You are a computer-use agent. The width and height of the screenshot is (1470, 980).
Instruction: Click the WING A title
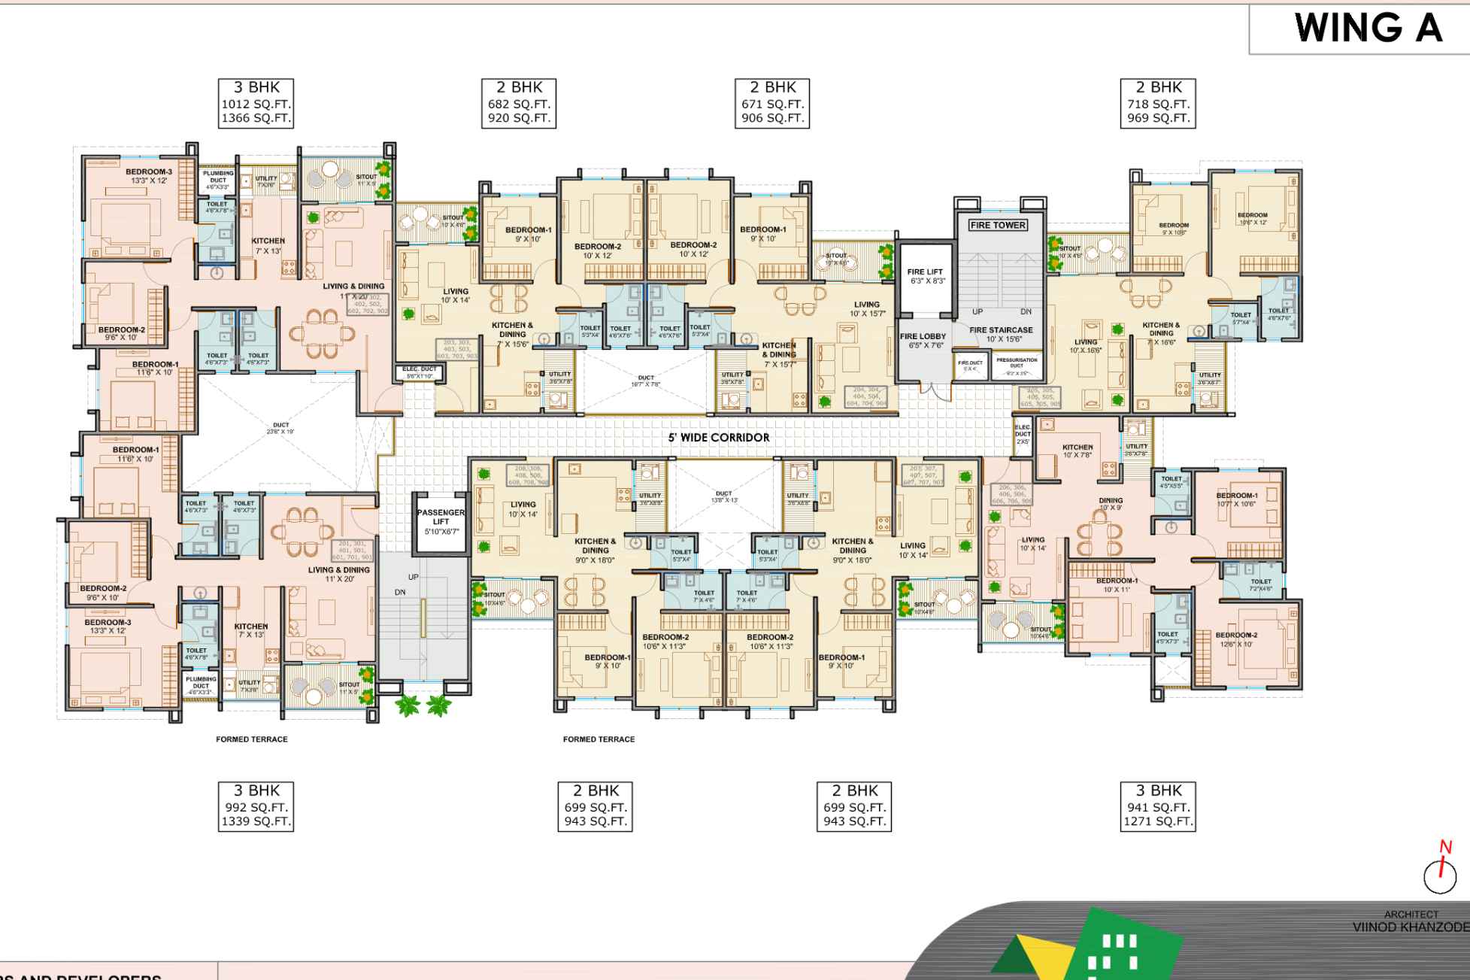1368,29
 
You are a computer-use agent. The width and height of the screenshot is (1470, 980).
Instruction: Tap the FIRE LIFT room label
925,276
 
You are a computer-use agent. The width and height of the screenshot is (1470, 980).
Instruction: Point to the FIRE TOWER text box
997,225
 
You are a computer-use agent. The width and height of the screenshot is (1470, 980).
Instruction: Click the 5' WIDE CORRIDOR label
719,438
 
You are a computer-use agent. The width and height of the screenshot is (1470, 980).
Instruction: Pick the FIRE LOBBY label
923,341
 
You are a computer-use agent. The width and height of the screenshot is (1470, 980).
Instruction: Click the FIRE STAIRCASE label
1001,334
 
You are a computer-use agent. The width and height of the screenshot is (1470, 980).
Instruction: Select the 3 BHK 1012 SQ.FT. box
256,103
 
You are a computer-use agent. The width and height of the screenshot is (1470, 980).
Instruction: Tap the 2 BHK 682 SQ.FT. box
519,103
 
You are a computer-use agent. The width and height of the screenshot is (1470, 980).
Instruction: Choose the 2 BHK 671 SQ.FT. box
772,103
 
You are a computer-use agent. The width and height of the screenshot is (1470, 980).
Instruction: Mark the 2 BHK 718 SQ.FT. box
1158,103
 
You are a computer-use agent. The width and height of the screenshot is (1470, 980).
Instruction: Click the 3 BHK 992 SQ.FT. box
256,806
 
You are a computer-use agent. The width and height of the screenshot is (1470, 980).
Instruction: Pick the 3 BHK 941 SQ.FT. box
1158,806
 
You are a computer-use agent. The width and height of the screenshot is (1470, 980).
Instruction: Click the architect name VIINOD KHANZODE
1411,927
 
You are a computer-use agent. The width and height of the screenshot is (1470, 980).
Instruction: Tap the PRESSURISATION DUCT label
1017,363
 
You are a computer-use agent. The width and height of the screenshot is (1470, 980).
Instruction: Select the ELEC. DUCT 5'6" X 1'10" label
420,372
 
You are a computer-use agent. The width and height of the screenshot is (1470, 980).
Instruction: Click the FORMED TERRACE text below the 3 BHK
252,739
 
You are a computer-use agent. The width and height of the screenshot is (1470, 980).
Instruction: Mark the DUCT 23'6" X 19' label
280,429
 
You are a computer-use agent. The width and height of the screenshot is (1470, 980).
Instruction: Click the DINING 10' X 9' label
1111,504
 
